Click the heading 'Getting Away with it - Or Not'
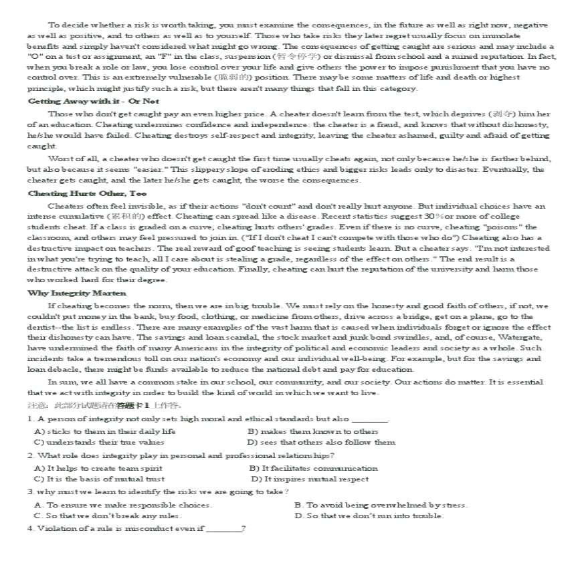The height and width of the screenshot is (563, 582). tap(93, 101)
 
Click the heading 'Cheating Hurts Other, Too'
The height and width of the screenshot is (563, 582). tap(87, 193)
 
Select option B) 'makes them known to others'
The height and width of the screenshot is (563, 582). tap(312, 431)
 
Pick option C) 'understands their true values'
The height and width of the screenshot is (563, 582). tap(99, 442)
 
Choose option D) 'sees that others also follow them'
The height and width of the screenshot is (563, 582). tap(321, 442)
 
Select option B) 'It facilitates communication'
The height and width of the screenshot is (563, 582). tap(313, 468)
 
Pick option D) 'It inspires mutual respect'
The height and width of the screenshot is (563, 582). tap(310, 479)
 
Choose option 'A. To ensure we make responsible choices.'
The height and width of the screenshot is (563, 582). tap(123, 505)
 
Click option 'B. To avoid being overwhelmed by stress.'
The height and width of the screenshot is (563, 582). tap(381, 505)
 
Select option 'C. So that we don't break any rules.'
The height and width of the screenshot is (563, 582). tap(108, 516)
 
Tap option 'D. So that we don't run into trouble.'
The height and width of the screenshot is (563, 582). tap(369, 516)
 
